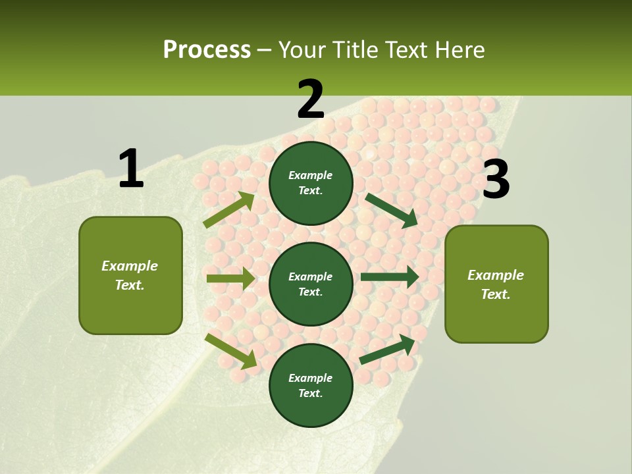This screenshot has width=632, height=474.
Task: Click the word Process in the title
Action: click(x=207, y=50)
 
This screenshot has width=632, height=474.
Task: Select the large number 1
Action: click(x=131, y=169)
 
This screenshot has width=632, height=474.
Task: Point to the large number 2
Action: click(x=311, y=99)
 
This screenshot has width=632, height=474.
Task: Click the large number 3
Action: click(x=496, y=180)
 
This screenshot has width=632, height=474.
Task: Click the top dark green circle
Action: click(x=311, y=183)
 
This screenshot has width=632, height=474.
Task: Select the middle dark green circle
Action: click(x=311, y=284)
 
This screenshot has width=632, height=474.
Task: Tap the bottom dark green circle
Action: click(x=311, y=385)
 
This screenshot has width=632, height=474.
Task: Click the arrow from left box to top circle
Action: click(x=229, y=210)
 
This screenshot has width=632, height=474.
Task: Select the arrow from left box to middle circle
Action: click(x=230, y=278)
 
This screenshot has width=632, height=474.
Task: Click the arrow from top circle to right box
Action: click(x=392, y=210)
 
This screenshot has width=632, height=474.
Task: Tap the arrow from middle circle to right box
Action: click(x=390, y=276)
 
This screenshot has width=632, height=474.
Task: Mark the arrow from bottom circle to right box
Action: click(x=388, y=350)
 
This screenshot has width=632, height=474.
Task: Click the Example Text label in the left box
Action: click(x=130, y=275)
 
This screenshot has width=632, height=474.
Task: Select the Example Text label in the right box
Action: click(x=496, y=284)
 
